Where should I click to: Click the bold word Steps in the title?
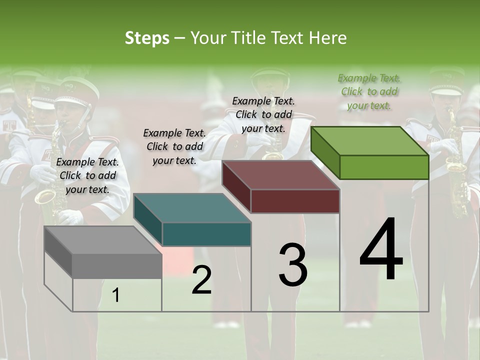point(147,38)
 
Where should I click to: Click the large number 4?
point(381,249)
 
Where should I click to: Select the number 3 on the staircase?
point(293,265)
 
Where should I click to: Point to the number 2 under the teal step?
point(201,280)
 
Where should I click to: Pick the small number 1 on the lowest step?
point(116,295)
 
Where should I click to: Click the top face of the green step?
point(370,140)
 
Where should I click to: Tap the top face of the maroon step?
point(281,175)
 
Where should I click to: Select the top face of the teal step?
point(192,208)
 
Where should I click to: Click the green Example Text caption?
point(369,91)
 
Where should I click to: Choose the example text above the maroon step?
point(263,114)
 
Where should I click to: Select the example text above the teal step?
point(174,146)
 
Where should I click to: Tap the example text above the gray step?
point(87,175)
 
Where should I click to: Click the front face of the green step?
point(384,167)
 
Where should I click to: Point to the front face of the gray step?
point(117,265)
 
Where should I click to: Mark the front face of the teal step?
point(206,234)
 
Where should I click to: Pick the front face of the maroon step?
point(295,201)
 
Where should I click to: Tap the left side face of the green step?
point(325,152)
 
